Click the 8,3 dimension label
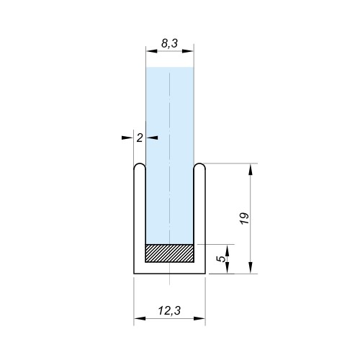[x=169, y=43]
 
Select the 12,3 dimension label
[x=169, y=310]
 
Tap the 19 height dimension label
[x=245, y=218]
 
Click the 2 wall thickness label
[x=140, y=138]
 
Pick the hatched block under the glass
[x=169, y=253]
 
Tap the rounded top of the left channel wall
[x=140, y=166]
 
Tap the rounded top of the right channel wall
[x=199, y=166]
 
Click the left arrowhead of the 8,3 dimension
[x=152, y=51]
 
